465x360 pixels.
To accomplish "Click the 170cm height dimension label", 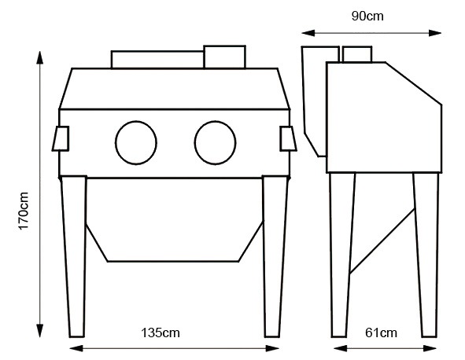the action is [x=24, y=211].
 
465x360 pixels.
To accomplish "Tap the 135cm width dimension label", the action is [x=161, y=332].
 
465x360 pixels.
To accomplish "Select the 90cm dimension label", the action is [x=367, y=16].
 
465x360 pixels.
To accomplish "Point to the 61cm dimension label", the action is [x=381, y=332].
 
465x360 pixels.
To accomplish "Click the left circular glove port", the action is [x=116, y=142].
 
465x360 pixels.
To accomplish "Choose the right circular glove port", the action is [x=194, y=142].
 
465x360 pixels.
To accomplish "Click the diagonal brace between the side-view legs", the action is [x=382, y=241].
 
